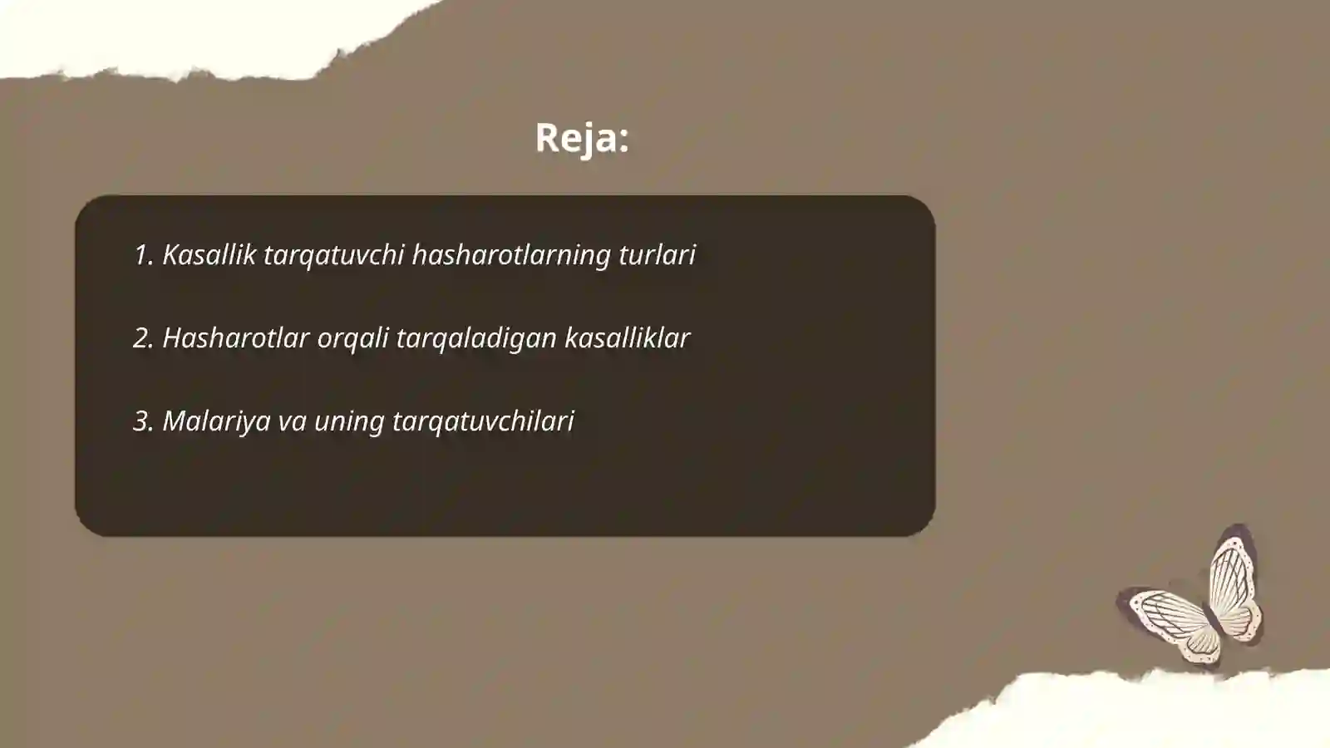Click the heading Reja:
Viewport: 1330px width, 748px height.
tap(581, 138)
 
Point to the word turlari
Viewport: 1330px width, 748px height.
tap(657, 254)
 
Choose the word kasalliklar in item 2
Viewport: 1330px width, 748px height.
tap(627, 337)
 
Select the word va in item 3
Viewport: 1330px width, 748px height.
tap(292, 421)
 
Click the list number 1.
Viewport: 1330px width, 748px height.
tap(142, 254)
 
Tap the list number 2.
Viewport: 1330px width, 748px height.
tap(143, 337)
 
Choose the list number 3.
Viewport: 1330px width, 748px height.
tap(143, 421)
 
